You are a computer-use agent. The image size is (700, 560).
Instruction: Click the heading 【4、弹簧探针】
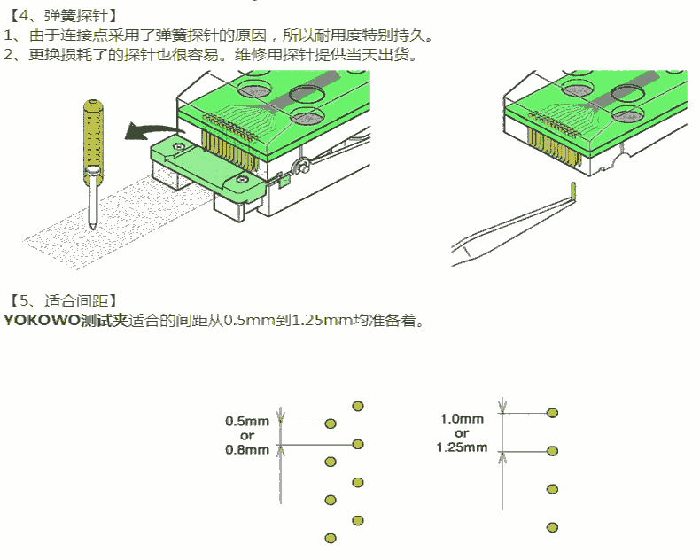(x=61, y=15)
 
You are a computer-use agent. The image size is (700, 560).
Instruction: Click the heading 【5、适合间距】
(x=61, y=299)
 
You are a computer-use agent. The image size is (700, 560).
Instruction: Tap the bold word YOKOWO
(x=40, y=320)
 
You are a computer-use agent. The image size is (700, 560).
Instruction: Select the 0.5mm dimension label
(x=247, y=422)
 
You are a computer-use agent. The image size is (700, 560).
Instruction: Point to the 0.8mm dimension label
(x=247, y=449)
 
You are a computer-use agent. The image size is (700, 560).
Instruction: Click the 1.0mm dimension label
(x=462, y=419)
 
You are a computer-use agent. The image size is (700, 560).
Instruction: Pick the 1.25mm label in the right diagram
(x=462, y=447)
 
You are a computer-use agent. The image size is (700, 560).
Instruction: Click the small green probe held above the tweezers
(x=574, y=191)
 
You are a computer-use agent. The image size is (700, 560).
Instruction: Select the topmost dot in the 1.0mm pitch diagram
(x=552, y=413)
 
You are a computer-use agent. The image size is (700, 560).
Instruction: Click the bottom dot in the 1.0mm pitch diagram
(x=552, y=527)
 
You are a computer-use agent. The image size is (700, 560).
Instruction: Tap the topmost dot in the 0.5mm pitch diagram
(x=358, y=406)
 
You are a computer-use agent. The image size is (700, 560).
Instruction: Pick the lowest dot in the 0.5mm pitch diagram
(x=331, y=538)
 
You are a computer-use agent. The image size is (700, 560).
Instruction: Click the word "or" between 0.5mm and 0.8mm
(x=247, y=435)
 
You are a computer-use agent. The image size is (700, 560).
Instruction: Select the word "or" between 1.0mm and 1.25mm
(x=462, y=433)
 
